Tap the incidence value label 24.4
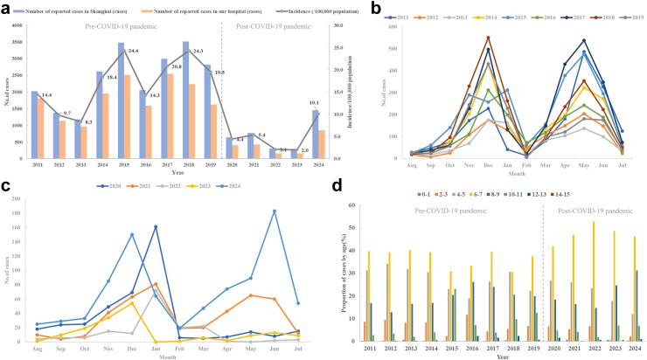tap(134, 52)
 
